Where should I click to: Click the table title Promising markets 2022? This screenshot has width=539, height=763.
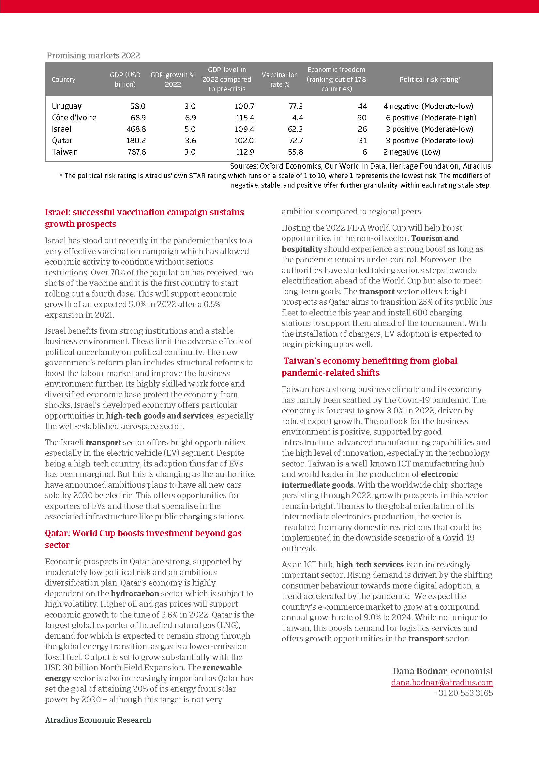pyautogui.click(x=93, y=55)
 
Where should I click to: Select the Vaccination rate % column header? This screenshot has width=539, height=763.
pyautogui.click(x=280, y=79)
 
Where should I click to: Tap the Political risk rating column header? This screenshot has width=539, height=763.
pyautogui.click(x=430, y=79)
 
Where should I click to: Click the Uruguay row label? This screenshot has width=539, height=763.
pyautogui.click(x=67, y=106)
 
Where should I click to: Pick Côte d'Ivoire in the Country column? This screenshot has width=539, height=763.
pyautogui.click(x=74, y=118)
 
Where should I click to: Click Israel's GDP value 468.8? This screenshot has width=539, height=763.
pyautogui.click(x=136, y=129)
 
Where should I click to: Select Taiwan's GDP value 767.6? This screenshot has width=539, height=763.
pyautogui.click(x=137, y=152)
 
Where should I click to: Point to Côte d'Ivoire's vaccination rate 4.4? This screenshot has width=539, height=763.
pyautogui.click(x=297, y=118)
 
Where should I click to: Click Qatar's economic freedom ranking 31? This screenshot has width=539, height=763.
pyautogui.click(x=362, y=141)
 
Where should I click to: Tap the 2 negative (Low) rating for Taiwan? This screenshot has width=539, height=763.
pyautogui.click(x=412, y=152)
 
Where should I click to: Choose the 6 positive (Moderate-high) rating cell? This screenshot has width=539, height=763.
pyautogui.click(x=431, y=118)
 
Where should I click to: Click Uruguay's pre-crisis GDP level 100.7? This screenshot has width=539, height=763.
pyautogui.click(x=244, y=106)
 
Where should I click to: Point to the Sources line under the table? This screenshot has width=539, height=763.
pyautogui.click(x=360, y=166)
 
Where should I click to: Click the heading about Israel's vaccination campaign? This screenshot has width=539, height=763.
pyautogui.click(x=144, y=218)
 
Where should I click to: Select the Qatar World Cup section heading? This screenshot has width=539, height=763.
pyautogui.click(x=143, y=539)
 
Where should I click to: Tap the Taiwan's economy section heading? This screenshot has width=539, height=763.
pyautogui.click(x=369, y=367)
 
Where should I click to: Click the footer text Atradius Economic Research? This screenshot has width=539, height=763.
pyautogui.click(x=98, y=720)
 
